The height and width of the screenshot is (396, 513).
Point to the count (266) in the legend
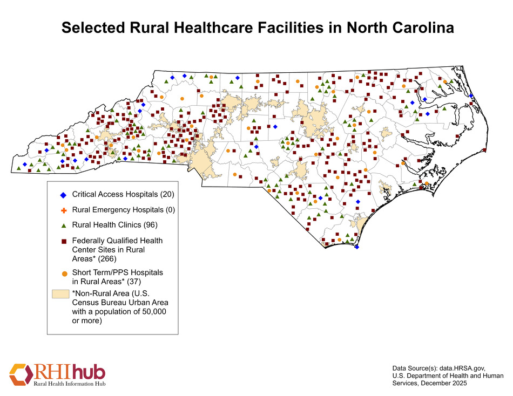[103, 258]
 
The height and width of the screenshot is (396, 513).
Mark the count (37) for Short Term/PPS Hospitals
[130, 281]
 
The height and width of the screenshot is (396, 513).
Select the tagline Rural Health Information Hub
[70, 384]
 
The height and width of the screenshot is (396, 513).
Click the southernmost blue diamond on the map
[356, 247]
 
